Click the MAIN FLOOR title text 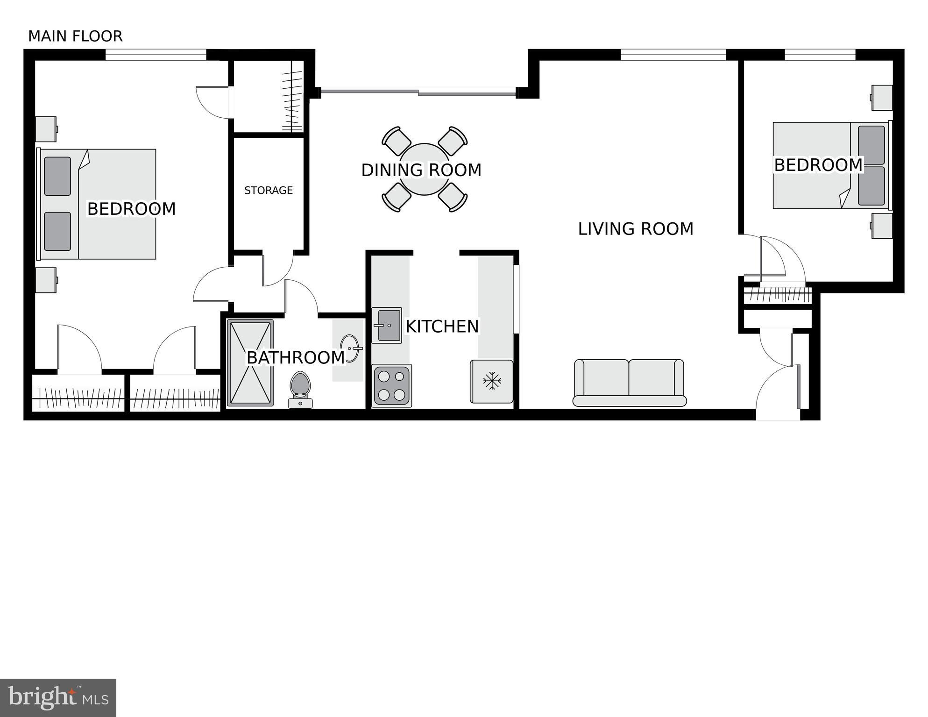tap(75, 36)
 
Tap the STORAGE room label tap(269, 190)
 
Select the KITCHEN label tap(442, 327)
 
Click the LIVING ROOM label tap(635, 229)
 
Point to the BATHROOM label tap(295, 358)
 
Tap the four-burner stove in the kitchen tap(392, 385)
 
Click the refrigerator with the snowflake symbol tap(491, 381)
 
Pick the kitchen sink tap(387, 325)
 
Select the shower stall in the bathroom tap(250, 362)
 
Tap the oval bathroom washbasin tap(350, 348)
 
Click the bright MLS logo tap(58, 697)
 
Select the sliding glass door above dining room tap(418, 92)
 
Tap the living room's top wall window tap(673, 55)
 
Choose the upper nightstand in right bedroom tap(882, 98)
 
